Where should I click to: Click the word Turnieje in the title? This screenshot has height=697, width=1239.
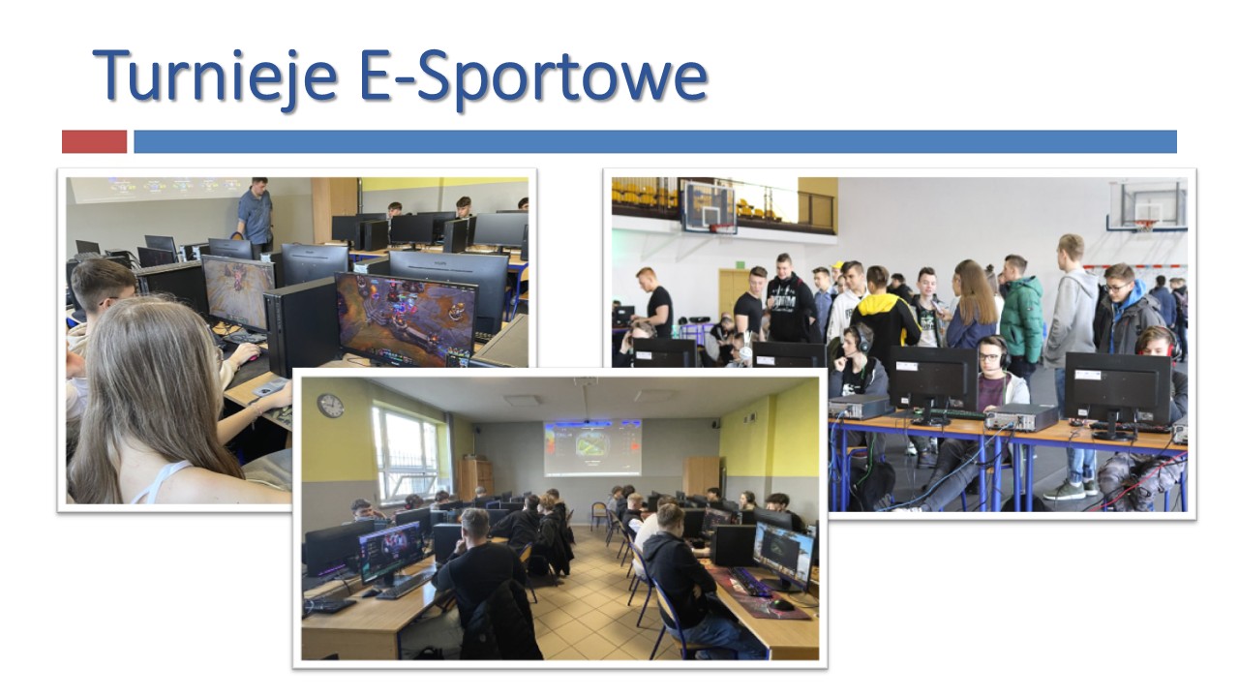click(x=215, y=77)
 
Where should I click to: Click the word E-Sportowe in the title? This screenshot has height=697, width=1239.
click(x=533, y=77)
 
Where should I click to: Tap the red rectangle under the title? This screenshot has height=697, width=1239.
click(x=94, y=141)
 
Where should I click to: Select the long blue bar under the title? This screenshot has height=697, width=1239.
click(x=655, y=141)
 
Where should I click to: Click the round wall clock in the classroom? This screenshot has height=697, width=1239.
click(x=330, y=406)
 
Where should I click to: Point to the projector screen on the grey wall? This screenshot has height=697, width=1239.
click(x=592, y=448)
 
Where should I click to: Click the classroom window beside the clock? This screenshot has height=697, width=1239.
click(x=407, y=451)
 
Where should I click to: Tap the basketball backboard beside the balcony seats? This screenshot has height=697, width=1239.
click(x=710, y=206)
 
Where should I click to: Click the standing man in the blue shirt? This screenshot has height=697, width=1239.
click(x=255, y=212)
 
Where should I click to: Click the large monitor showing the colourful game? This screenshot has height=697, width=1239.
click(x=406, y=319)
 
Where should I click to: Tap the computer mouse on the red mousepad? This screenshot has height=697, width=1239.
click(x=783, y=605)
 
